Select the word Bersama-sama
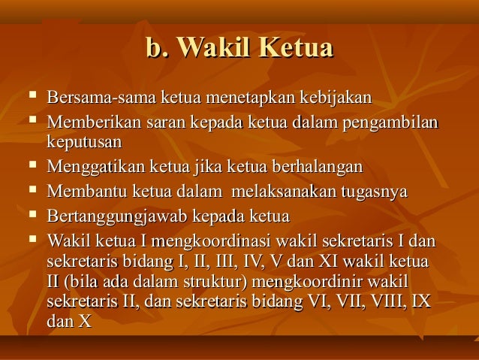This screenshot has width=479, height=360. (93, 98)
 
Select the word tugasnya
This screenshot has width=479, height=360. (374, 192)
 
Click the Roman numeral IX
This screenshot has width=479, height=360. (423, 303)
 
